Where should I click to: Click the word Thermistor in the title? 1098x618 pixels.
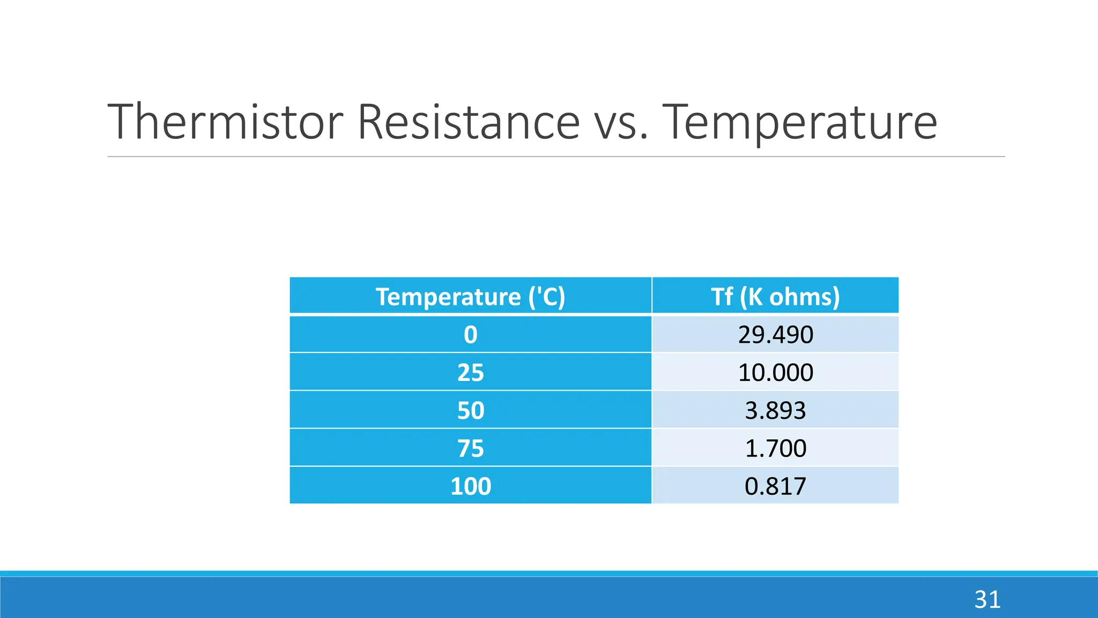(x=225, y=122)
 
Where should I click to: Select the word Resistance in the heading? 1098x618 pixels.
(x=468, y=122)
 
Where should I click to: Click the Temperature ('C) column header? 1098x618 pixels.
(x=470, y=297)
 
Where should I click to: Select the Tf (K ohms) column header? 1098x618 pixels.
(x=775, y=297)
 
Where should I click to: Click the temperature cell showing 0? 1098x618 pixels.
(x=470, y=335)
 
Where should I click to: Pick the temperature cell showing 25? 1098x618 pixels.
(x=470, y=372)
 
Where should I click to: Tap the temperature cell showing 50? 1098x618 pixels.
(x=470, y=410)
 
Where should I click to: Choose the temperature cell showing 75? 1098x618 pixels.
(x=470, y=448)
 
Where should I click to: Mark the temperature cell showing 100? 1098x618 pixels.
(x=470, y=486)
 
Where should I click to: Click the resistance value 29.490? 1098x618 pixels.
(x=775, y=335)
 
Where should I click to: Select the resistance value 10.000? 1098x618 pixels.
(x=775, y=372)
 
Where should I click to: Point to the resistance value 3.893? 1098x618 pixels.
(x=775, y=410)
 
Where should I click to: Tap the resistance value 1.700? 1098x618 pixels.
(x=775, y=448)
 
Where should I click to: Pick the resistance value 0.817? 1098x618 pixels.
(x=775, y=486)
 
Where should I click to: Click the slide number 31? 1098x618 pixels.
(x=987, y=599)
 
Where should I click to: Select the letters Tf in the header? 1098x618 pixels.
(x=722, y=297)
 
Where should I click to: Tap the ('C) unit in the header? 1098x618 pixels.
(x=546, y=297)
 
